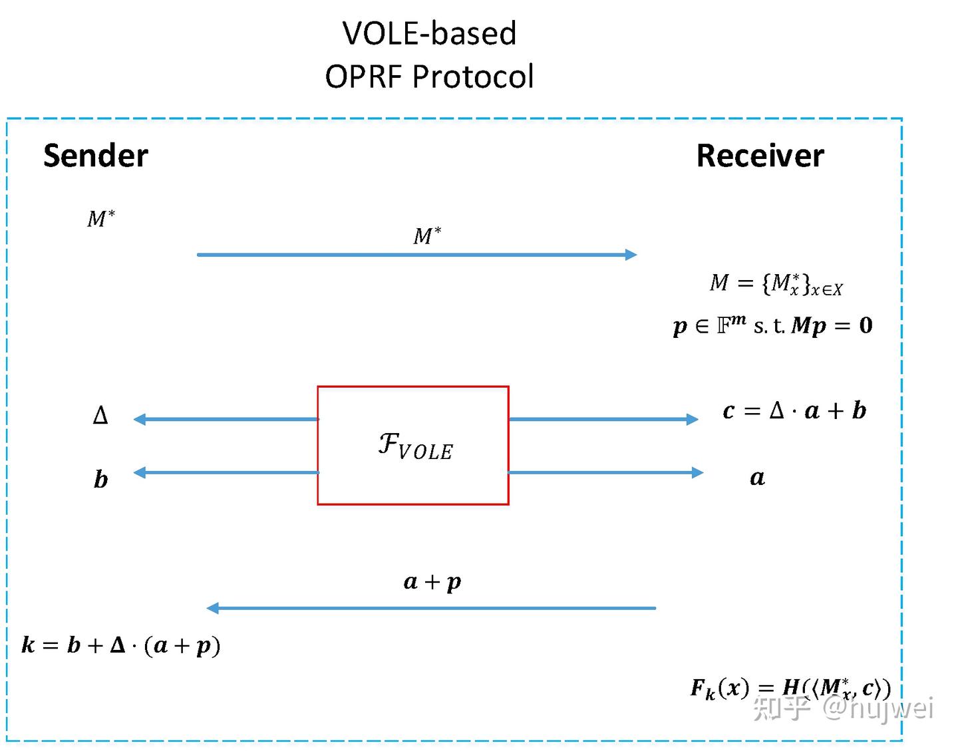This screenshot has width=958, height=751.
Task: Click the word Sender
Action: coord(95,156)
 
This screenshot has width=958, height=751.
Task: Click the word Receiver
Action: coord(760,156)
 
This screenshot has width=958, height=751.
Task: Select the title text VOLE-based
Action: coord(429,33)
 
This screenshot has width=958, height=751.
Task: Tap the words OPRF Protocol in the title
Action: coord(429,76)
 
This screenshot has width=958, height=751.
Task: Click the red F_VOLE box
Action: coord(413,445)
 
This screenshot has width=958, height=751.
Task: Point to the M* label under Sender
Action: coord(101,218)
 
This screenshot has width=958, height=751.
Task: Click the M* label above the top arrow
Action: coord(427,235)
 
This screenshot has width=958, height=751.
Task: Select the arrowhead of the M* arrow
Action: coord(631,254)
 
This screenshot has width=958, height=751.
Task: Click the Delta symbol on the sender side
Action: coord(100,416)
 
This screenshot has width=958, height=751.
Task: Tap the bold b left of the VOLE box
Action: coord(100,479)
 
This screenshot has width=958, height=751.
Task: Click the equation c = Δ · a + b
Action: coord(794,410)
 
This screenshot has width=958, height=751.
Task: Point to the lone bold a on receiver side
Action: coord(757,478)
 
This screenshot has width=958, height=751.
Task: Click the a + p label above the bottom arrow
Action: coord(432,581)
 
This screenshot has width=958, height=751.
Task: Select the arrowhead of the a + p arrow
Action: coord(213,608)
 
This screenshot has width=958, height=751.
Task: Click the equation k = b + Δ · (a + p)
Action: coord(121,645)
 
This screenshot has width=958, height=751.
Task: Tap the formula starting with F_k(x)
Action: coord(790,688)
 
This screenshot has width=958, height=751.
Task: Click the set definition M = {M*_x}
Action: coord(776,283)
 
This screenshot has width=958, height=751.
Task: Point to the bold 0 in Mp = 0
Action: coord(866,325)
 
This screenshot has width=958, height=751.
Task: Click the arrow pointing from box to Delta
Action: coord(226,419)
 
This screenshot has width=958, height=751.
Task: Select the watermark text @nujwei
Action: coord(878,708)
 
